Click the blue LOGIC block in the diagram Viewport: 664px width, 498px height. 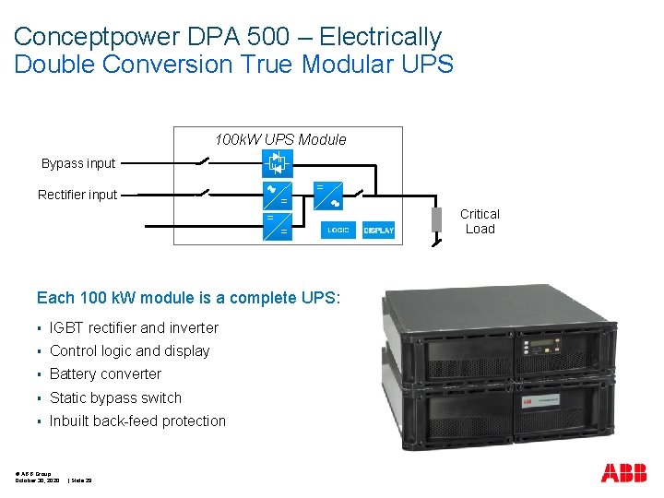338,230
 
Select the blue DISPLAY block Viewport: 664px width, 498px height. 378,230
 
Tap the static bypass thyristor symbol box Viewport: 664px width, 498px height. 277,163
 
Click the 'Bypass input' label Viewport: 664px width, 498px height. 78,163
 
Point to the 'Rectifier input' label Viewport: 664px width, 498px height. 77,195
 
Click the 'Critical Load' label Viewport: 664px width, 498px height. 480,221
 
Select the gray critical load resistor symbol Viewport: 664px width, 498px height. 437,220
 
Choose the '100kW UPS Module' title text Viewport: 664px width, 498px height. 280,139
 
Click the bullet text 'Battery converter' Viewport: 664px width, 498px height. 105,373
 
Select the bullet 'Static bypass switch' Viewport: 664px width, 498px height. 115,397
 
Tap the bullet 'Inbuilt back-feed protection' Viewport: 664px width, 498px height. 137,421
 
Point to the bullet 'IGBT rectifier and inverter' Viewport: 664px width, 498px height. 134,327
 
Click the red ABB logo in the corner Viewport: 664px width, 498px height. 624,473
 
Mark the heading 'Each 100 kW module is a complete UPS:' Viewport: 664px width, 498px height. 188,298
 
